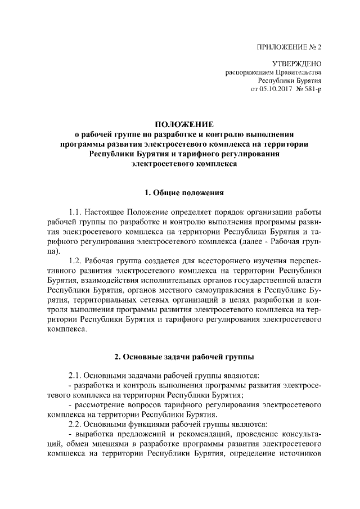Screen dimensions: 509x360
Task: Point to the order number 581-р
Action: (x=313, y=89)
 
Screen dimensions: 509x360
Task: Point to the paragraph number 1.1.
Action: (x=76, y=214)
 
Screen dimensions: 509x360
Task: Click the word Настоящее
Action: (x=109, y=214)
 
